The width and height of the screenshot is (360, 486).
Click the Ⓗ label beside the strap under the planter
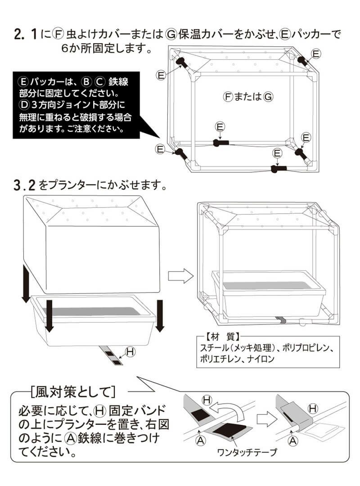point(130,352)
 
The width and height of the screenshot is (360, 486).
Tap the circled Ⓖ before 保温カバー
point(171,34)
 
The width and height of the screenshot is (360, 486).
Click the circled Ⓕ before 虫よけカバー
point(59,34)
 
